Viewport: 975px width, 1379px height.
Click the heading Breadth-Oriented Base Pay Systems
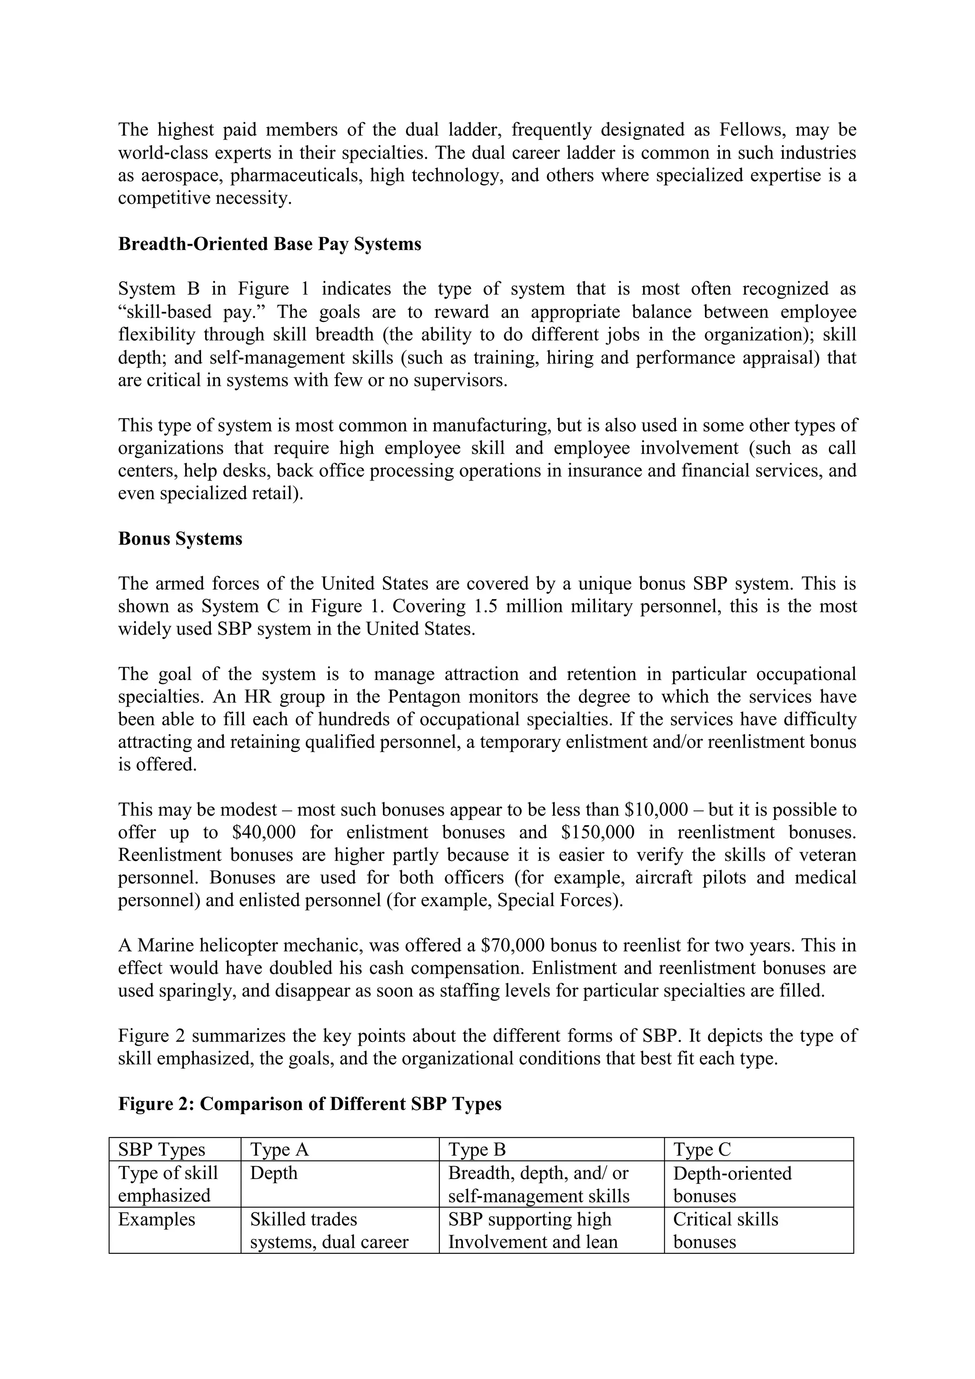tap(269, 244)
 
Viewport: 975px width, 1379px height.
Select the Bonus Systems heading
tap(180, 538)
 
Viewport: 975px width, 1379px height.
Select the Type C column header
tap(702, 1149)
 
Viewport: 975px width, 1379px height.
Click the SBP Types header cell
tap(161, 1149)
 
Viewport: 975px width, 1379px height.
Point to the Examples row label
tap(157, 1219)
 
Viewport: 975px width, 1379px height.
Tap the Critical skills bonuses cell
tap(725, 1230)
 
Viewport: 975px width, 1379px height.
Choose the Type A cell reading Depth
tap(274, 1173)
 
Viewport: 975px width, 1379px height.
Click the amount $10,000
tap(656, 809)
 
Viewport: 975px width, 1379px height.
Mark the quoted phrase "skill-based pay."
tap(193, 312)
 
